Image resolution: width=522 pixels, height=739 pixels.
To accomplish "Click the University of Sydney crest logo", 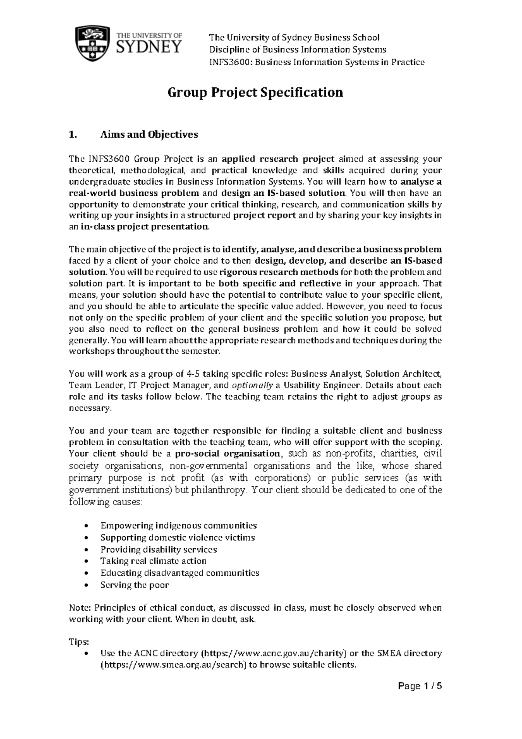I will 92,44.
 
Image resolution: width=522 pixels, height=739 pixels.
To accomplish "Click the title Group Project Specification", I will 256,93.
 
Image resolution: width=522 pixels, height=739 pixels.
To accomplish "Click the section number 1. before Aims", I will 73,134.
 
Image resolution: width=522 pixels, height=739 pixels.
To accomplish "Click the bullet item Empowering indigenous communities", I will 178,525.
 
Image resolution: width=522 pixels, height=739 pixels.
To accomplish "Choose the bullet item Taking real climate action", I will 153,561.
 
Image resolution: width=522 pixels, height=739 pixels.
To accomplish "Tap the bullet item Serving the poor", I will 134,585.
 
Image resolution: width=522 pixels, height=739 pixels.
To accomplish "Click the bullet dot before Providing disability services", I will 89,550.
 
